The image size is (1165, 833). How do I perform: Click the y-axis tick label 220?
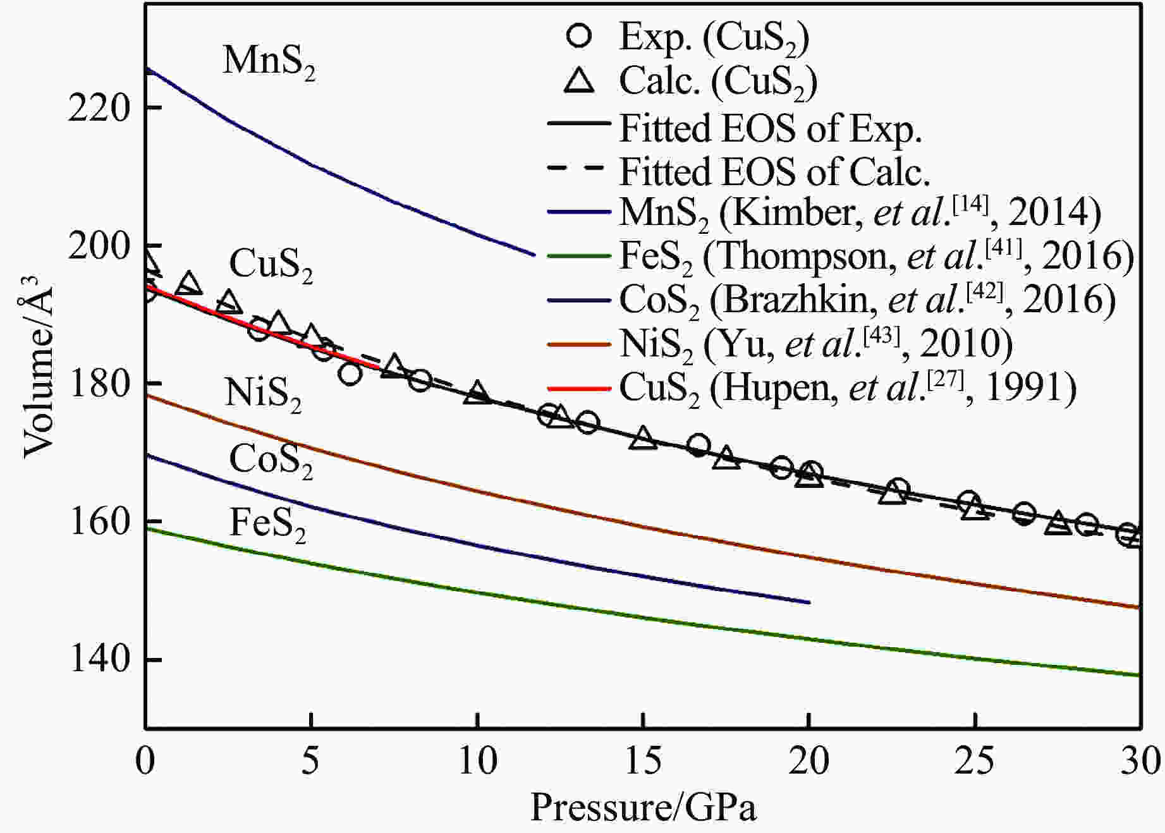point(99,108)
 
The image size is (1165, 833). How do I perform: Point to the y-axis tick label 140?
point(99,659)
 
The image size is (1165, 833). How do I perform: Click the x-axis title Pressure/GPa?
point(643,808)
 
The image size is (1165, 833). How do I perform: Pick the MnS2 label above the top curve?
point(269,62)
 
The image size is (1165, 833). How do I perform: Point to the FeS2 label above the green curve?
point(267,525)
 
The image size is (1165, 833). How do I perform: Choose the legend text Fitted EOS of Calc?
point(774,171)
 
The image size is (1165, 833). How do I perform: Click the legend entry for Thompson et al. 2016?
point(875,257)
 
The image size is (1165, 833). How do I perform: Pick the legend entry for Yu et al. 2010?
point(815,344)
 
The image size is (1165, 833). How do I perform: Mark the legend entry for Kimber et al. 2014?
point(860,213)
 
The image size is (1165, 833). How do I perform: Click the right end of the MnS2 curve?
point(535,255)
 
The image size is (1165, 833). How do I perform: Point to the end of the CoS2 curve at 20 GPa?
point(809,602)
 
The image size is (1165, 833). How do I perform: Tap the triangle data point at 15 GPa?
point(643,438)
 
